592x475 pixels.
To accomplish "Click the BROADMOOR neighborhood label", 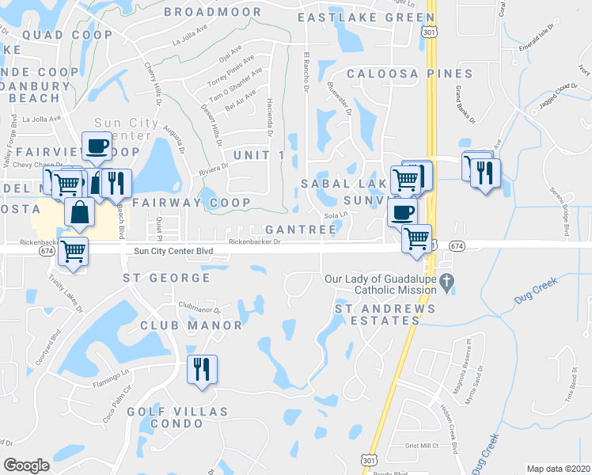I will click(212, 12).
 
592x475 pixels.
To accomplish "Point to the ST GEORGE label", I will click(167, 278).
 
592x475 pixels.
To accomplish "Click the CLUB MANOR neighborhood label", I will click(191, 325).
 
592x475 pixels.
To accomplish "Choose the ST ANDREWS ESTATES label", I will click(377, 314).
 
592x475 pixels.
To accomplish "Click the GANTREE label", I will click(302, 229).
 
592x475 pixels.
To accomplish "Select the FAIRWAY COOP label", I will click(192, 203).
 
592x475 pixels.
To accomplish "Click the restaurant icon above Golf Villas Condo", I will click(202, 370).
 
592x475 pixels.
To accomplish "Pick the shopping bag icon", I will click(81, 212).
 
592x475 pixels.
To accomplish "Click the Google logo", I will click(26, 465).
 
